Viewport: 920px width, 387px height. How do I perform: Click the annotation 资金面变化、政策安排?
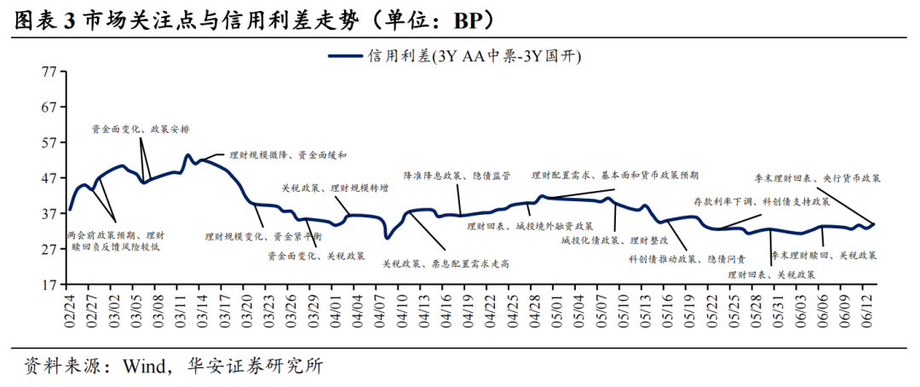point(141,130)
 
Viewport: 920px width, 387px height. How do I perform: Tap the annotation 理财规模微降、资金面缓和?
point(276,155)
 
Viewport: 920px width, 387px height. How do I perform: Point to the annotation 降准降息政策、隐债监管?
point(457,176)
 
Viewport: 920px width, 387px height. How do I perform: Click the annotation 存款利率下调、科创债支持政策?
point(762,202)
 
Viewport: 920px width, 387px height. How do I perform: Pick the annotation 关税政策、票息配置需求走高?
point(446,264)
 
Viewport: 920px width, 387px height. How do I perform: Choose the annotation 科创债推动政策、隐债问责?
point(687,258)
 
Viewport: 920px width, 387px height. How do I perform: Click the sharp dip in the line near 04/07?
point(388,237)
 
